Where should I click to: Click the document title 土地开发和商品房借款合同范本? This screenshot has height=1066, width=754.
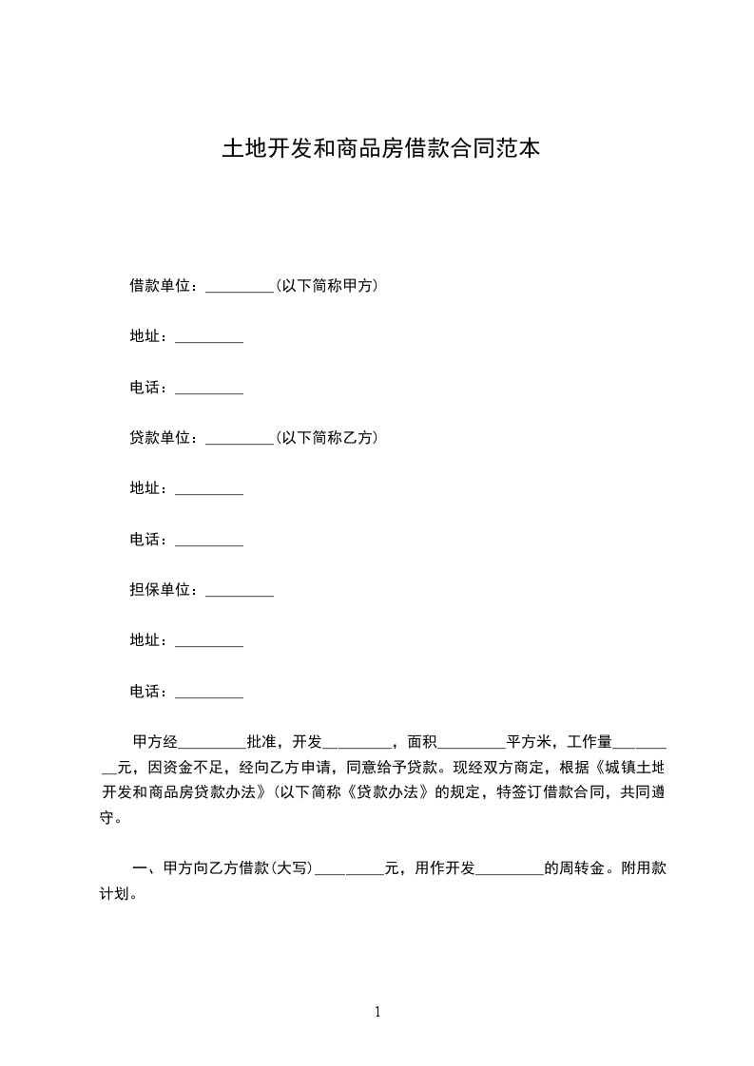point(380,149)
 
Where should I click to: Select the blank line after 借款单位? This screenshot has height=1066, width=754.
point(240,287)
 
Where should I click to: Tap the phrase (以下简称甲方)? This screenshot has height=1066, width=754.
point(326,285)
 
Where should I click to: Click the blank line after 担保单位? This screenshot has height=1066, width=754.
point(240,592)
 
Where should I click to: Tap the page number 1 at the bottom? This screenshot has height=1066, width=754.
point(377,1012)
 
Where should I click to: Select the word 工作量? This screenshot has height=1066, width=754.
point(590,742)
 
